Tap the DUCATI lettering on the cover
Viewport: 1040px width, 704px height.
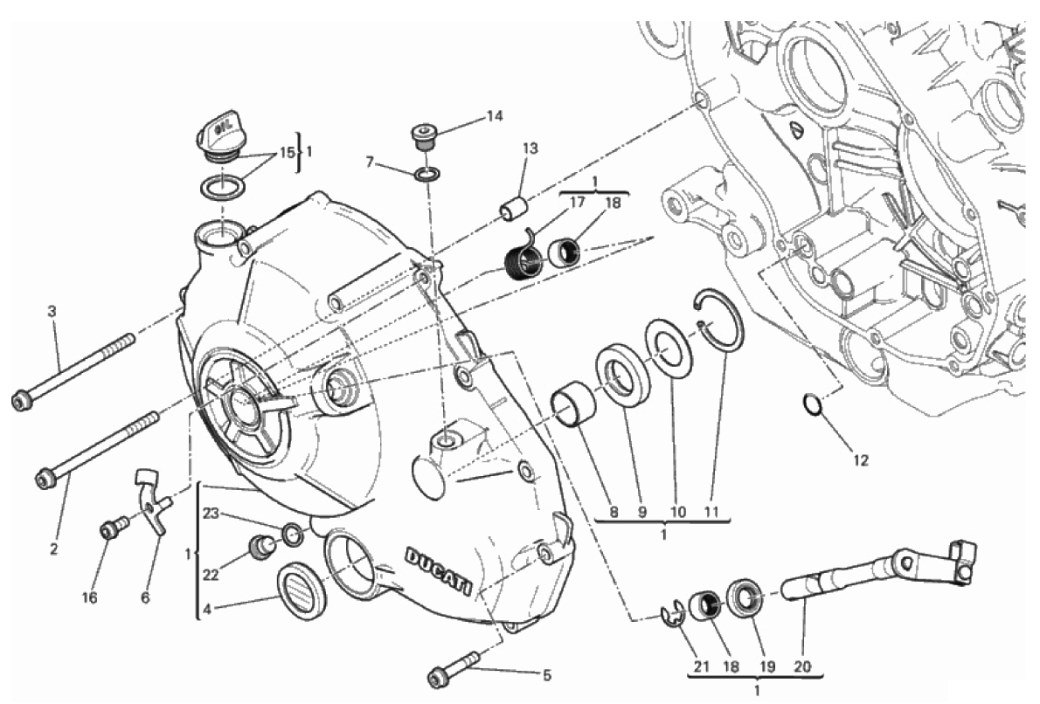(439, 571)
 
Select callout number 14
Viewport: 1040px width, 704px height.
(495, 117)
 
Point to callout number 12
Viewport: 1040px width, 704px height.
(860, 460)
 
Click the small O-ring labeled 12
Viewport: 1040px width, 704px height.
(812, 404)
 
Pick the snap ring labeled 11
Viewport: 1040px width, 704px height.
(719, 319)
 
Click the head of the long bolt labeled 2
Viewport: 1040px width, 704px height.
(45, 478)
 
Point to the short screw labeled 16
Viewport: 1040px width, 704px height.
(114, 528)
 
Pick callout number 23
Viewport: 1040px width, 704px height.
(211, 513)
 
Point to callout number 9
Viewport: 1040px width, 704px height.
(641, 512)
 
